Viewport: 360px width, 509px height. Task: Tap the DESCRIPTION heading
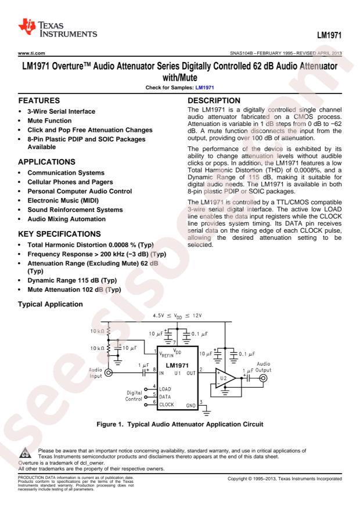pos(212,100)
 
